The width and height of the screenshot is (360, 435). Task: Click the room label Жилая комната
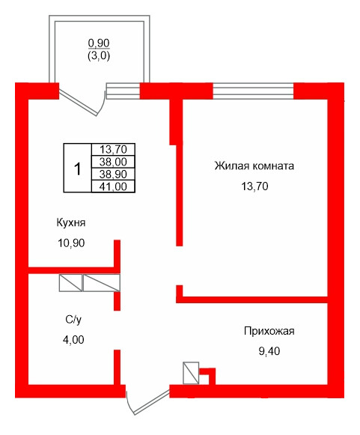pos(254,166)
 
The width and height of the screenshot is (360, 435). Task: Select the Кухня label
pos(70,223)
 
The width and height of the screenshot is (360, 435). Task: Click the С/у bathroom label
pos(73,320)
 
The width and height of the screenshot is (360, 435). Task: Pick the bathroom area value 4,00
pos(73,339)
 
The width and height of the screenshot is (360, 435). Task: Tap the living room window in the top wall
pos(253,91)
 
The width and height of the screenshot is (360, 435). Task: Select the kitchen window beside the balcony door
pos(123,91)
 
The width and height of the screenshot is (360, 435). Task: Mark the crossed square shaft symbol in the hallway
pos(191,373)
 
